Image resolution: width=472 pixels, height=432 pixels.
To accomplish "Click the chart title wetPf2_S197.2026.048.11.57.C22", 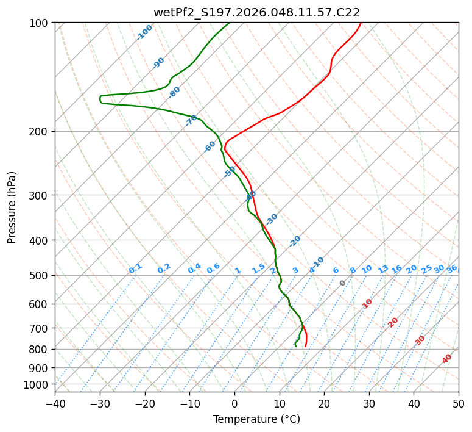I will tap(256, 12).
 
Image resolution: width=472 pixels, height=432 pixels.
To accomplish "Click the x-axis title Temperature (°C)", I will tap(256, 419).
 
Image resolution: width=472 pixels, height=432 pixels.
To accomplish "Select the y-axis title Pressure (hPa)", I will tap(12, 207).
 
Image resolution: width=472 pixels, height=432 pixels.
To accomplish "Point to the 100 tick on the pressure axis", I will tap(40, 23).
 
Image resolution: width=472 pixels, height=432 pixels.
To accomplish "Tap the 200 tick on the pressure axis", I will tap(40, 131).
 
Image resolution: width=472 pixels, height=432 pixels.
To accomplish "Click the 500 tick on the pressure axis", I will tap(40, 275).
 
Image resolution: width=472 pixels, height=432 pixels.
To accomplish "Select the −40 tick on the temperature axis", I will tap(55, 403).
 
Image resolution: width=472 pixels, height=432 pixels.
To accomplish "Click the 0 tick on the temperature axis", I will tap(234, 403).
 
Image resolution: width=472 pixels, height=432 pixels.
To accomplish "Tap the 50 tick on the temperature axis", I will tap(459, 403).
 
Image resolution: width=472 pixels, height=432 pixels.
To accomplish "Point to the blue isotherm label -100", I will tap(145, 32).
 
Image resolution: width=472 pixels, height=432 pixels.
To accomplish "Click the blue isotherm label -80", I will tap(175, 92).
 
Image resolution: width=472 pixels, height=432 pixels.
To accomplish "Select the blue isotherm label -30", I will tap(272, 219).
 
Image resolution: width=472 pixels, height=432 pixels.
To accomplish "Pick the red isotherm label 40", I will tap(447, 359).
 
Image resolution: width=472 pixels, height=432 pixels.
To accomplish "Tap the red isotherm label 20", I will tap(393, 322).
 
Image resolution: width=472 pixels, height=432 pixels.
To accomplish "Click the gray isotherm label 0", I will tap(343, 283).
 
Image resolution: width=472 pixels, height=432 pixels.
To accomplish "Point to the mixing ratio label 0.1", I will tap(136, 268).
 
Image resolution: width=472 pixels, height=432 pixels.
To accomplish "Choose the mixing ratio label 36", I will tap(452, 268).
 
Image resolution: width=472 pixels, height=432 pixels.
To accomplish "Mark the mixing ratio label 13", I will tap(383, 269).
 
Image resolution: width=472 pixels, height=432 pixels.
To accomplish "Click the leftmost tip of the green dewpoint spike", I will tap(100, 99).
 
